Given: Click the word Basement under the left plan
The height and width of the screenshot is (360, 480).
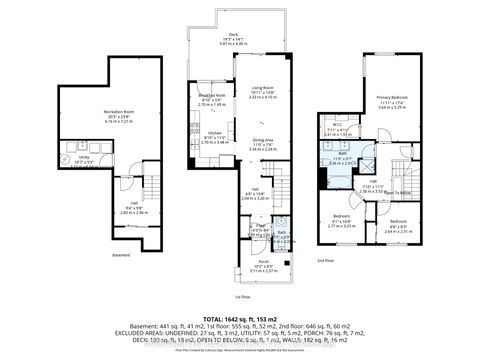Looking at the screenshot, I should click(x=121, y=254).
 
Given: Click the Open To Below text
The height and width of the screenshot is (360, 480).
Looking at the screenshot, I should click(x=399, y=192).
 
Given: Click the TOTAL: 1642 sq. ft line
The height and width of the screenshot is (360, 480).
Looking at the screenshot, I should click(x=240, y=320).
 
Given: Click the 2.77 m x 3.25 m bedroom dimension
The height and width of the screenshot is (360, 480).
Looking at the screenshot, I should click(x=342, y=226).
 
